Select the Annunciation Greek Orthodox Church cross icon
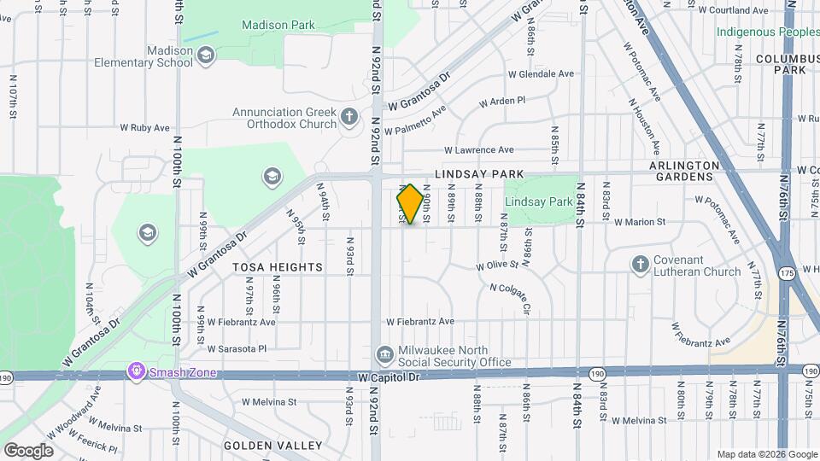click(348, 117)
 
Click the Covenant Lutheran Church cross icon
click(641, 265)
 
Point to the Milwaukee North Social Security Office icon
click(384, 354)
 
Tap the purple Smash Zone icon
click(134, 372)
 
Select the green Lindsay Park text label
click(538, 202)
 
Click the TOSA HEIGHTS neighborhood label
click(278, 267)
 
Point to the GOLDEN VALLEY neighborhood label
click(272, 446)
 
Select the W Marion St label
click(640, 222)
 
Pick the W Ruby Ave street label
click(144, 128)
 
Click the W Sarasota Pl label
click(237, 348)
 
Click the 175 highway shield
click(787, 272)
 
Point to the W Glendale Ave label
click(540, 74)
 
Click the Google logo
click(28, 450)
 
